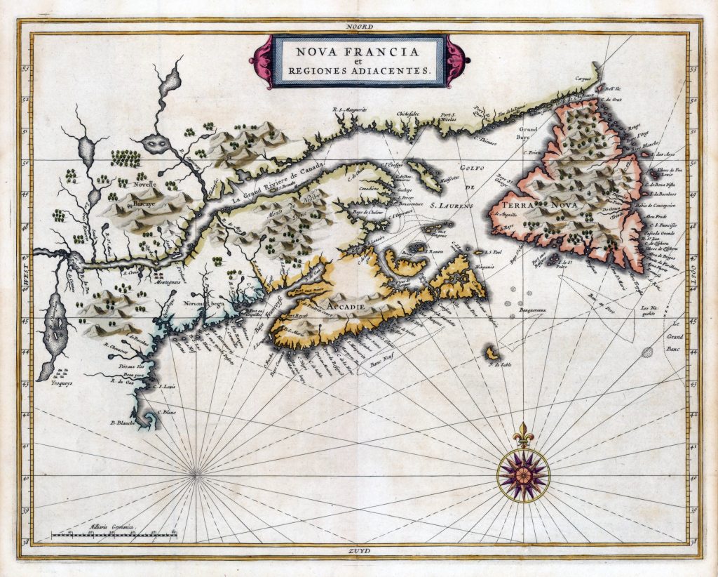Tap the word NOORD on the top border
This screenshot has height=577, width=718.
[359, 26]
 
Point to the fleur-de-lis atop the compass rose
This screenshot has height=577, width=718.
[523, 435]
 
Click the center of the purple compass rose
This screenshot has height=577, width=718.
[523, 475]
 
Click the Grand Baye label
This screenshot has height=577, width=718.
[527, 133]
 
